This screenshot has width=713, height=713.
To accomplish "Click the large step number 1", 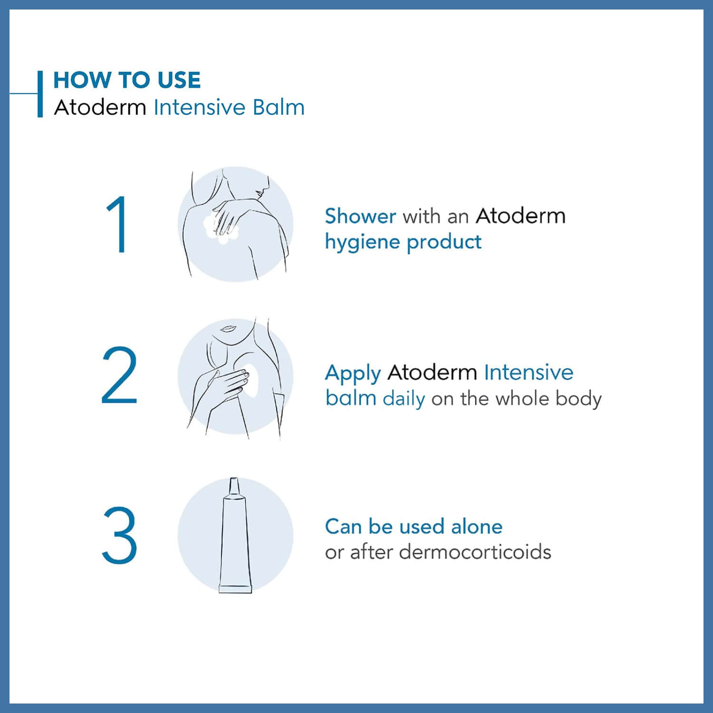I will (117, 224).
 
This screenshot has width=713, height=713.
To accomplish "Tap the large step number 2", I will (119, 376).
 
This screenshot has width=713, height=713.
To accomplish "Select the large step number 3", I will (119, 536).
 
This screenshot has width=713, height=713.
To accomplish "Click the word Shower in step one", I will (360, 216).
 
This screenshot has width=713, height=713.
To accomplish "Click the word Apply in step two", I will (353, 374).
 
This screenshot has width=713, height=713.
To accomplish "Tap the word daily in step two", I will (404, 398).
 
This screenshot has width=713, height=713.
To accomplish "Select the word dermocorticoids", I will (475, 552).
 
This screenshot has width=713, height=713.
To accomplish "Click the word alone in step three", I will (476, 527).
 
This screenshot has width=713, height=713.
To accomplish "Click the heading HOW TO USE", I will (127, 80).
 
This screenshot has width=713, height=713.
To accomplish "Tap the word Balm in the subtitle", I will (278, 107).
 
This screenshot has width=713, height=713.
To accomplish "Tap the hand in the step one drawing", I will (228, 214).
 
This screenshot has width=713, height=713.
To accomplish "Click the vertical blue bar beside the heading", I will (40, 94).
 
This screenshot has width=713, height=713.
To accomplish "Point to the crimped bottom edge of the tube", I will (235, 589).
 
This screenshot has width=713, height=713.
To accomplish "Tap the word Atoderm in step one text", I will (520, 216).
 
